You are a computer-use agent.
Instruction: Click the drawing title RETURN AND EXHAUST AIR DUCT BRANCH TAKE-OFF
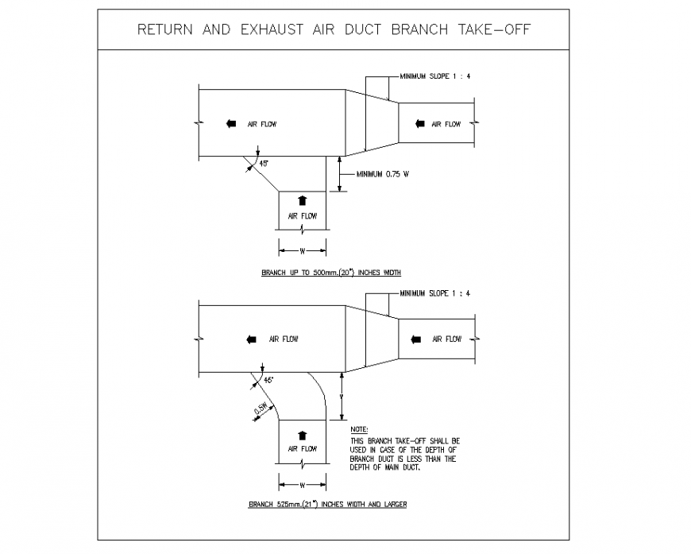click(334, 30)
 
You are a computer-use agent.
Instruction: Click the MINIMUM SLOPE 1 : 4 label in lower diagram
click(435, 293)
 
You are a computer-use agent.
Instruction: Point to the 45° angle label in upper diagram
click(264, 163)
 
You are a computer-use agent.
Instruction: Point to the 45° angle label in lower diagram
click(268, 381)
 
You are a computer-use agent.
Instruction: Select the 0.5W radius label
click(260, 409)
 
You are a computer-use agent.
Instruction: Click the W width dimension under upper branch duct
click(302, 250)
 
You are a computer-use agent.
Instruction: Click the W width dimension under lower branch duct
click(302, 484)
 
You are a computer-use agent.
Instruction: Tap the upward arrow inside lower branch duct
click(302, 435)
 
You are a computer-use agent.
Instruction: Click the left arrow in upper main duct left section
click(231, 123)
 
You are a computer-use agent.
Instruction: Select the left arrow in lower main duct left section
click(251, 339)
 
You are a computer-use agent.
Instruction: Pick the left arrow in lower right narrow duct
click(417, 339)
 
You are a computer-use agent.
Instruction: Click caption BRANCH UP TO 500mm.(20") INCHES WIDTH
click(331, 273)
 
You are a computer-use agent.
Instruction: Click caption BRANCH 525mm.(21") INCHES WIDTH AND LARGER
click(327, 504)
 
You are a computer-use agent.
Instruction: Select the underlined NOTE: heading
click(359, 429)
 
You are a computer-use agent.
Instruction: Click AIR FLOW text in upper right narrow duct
click(446, 124)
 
